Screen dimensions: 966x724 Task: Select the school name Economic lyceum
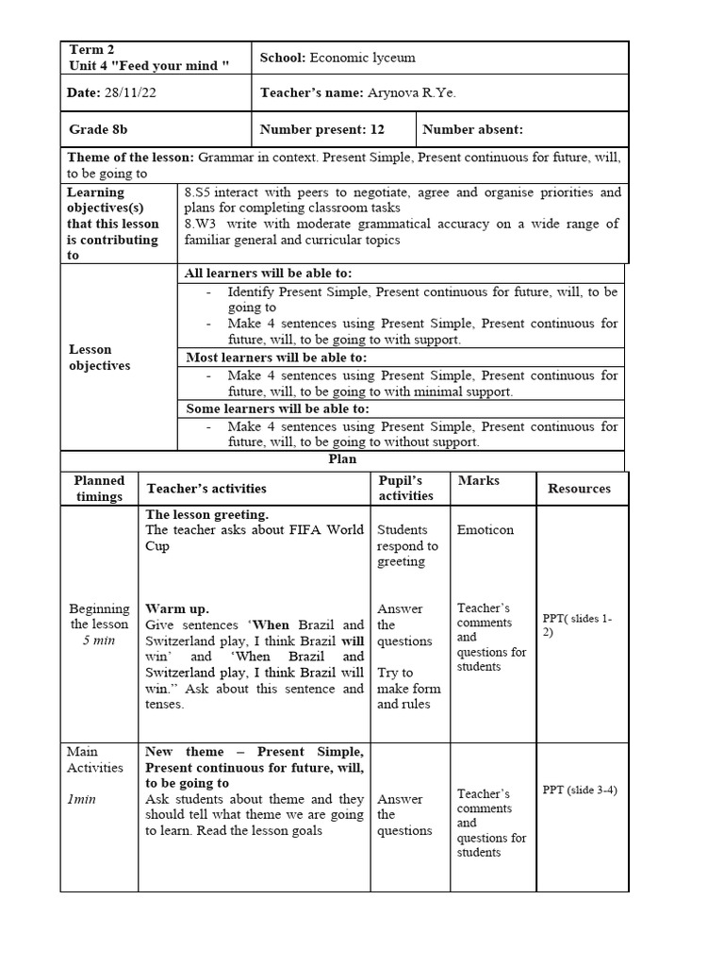click(362, 58)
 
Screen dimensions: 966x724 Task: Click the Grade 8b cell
click(98, 129)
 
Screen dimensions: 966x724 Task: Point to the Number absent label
click(472, 129)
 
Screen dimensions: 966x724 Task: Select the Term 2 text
click(92, 49)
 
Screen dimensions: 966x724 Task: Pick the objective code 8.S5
click(202, 192)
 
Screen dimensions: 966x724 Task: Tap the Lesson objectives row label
click(100, 358)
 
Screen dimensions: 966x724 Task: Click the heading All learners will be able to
click(269, 273)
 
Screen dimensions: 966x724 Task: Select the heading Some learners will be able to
click(277, 409)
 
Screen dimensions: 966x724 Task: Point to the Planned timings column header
click(99, 489)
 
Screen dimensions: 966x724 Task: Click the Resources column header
click(579, 489)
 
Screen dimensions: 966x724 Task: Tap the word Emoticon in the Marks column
click(485, 530)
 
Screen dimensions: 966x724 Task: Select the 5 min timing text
click(99, 641)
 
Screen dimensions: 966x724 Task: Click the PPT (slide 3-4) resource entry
click(580, 791)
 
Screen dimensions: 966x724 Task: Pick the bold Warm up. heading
click(177, 608)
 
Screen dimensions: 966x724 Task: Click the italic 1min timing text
click(83, 799)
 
